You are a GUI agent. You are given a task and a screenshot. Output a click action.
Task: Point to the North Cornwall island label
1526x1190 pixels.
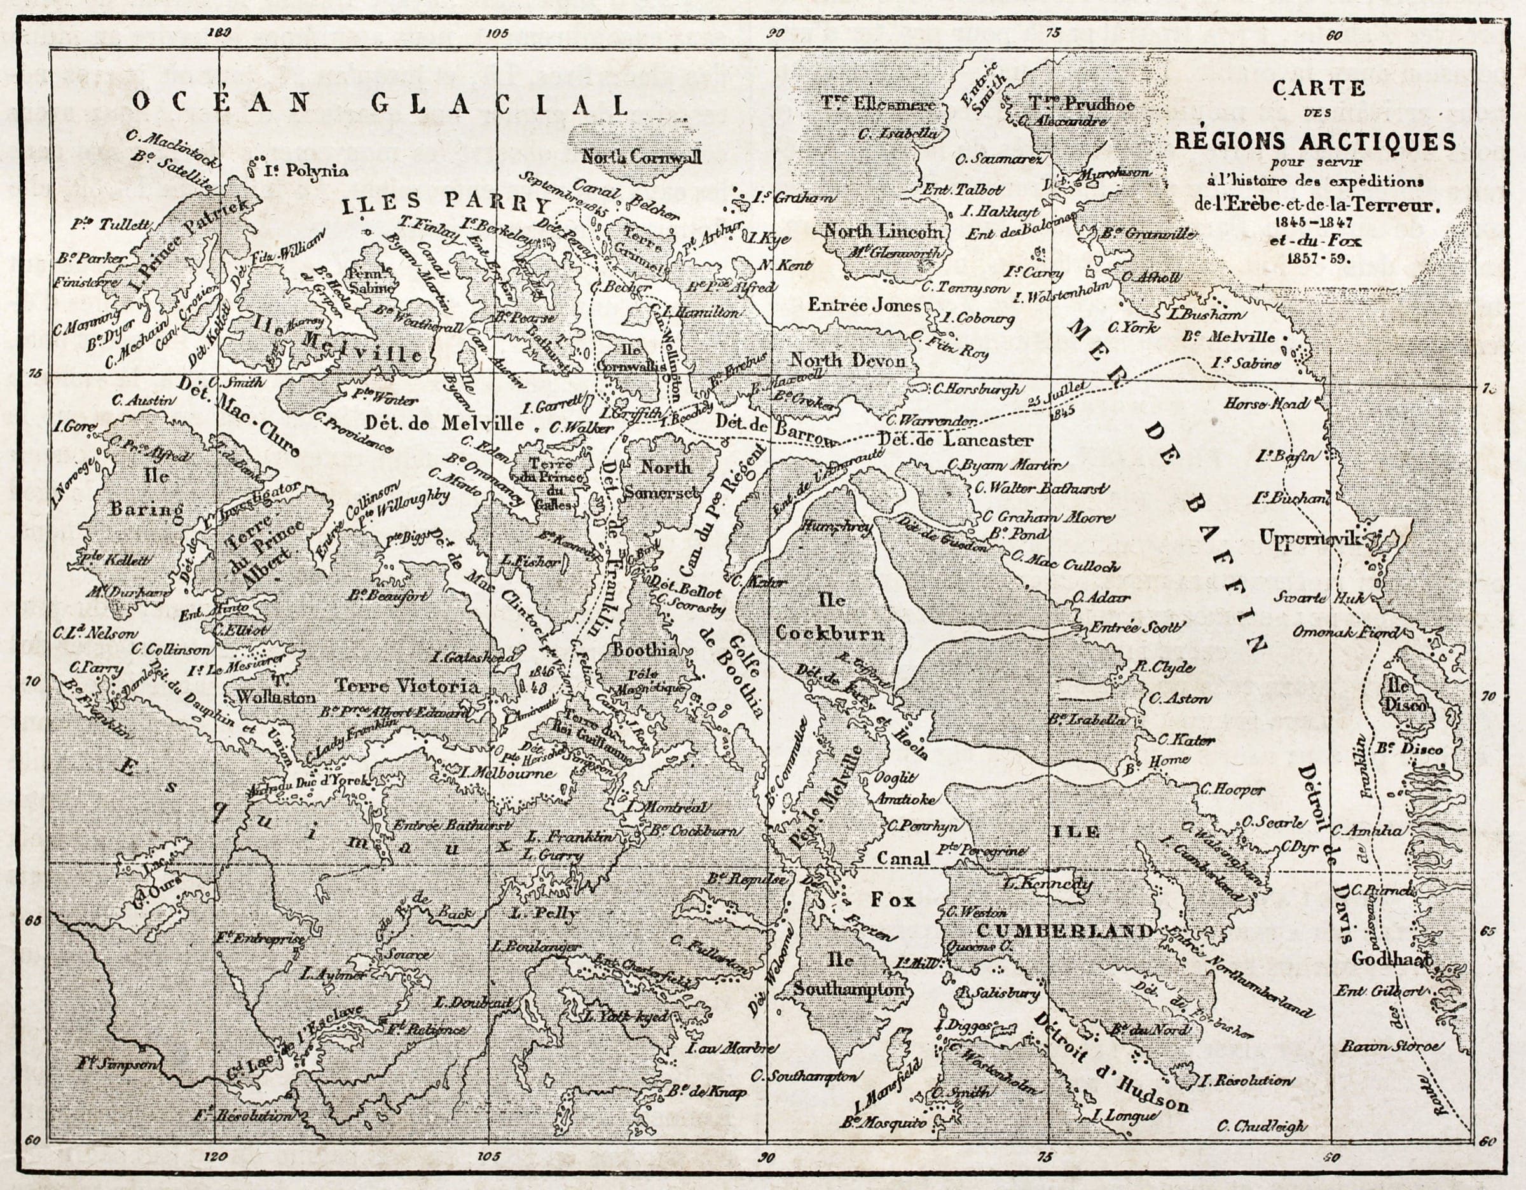click(x=642, y=156)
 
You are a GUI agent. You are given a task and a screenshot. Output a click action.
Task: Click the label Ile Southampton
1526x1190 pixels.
click(x=849, y=975)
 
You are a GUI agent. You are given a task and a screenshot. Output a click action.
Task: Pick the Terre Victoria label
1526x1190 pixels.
click(x=408, y=687)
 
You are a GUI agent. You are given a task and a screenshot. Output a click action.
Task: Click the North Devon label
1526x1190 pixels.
click(x=847, y=360)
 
